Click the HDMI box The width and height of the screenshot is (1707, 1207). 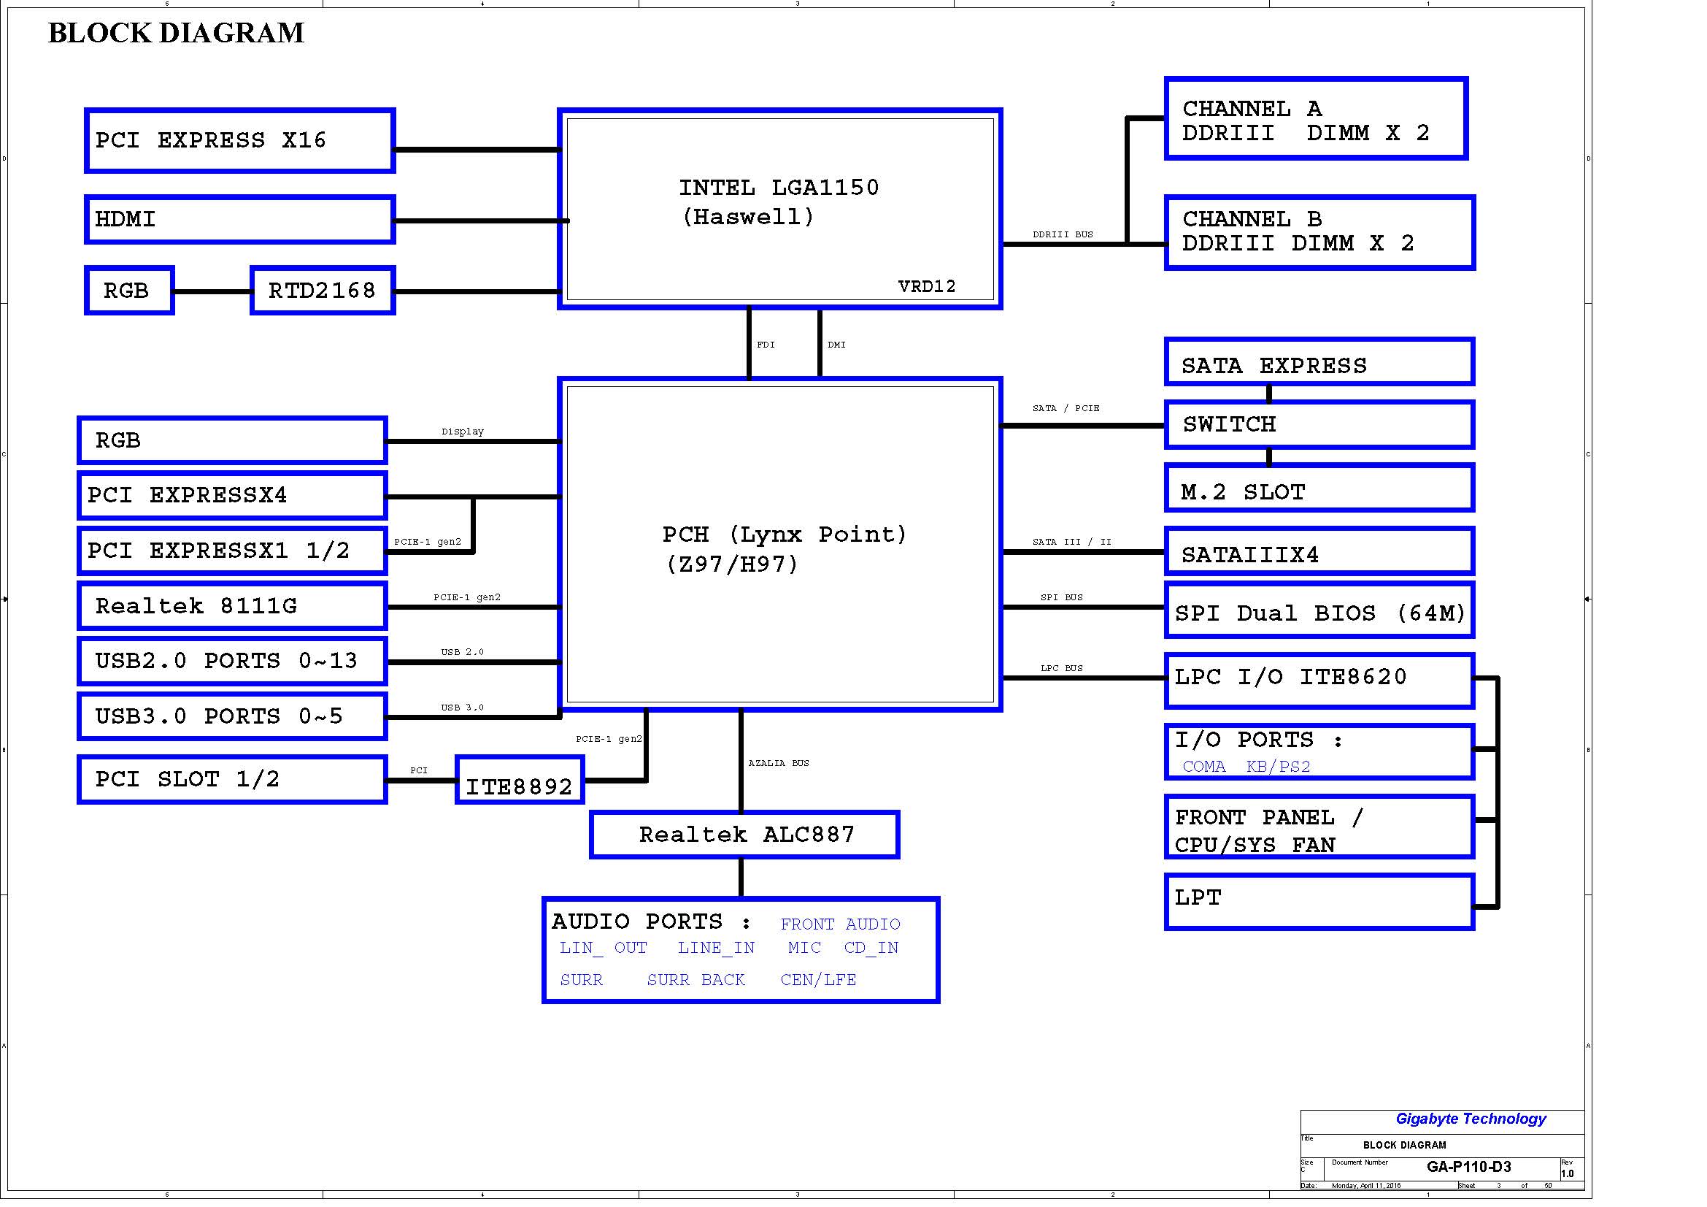tap(239, 219)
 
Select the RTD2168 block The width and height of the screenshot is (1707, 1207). tap(323, 290)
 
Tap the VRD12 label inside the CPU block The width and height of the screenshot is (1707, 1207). tap(926, 286)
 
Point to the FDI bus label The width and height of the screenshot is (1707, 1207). tap(766, 345)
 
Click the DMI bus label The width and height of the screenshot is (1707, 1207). tap(836, 345)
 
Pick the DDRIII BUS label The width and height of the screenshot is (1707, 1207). tap(1063, 234)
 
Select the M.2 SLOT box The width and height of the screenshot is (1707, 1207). tap(1319, 488)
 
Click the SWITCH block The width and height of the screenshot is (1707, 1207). tap(1319, 425)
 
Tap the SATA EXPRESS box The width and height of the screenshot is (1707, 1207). tap(1319, 361)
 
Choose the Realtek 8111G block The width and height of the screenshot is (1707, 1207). tap(232, 605)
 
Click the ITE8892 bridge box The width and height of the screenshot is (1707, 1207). tap(520, 779)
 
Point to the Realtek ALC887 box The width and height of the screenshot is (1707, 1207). tap(744, 835)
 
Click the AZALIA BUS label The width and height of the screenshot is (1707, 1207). tap(779, 763)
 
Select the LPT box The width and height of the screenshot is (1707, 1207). tap(1319, 901)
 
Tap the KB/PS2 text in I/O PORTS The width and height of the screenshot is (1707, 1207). tap(1278, 767)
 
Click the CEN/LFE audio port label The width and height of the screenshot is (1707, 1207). tap(818, 980)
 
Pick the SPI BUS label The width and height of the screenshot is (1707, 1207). tap(1062, 597)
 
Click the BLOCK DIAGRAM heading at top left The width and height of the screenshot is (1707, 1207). tap(176, 33)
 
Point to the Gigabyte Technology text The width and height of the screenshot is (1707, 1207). tap(1471, 1119)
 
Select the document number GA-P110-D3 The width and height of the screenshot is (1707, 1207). tap(1469, 1166)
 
